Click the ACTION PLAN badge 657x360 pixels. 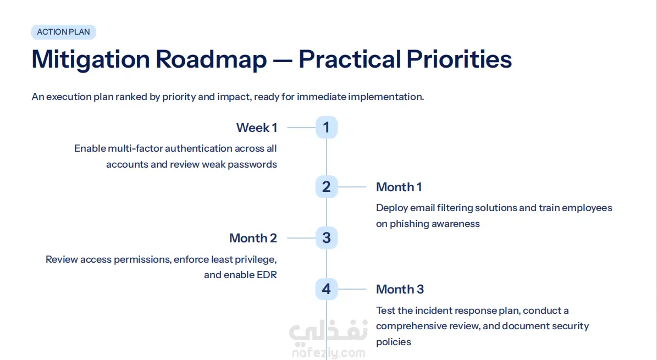(64, 32)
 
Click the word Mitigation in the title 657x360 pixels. (91, 59)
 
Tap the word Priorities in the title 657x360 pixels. (459, 59)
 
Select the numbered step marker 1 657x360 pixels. (327, 128)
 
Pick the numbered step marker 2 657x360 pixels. (327, 187)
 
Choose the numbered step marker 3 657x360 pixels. (327, 238)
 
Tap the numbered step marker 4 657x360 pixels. (327, 289)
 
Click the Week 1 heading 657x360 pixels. (257, 128)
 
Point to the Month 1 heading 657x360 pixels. (399, 187)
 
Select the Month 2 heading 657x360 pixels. (253, 238)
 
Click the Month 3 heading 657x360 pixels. (400, 289)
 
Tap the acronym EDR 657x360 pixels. (267, 275)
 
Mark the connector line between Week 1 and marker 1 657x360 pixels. (301, 128)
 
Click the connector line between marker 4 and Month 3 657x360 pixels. (352, 289)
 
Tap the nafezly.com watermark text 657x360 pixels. (329, 353)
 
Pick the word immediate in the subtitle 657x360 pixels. (322, 97)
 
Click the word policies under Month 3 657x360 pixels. (394, 342)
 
